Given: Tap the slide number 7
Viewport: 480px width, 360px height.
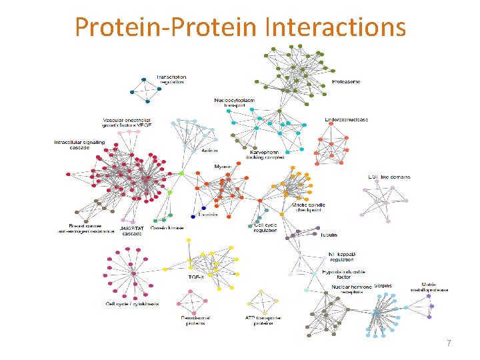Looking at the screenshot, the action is coord(449,343).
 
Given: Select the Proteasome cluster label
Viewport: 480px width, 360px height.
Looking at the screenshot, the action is coord(345,81).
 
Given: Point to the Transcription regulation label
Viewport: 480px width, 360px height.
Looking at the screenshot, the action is coord(171,79).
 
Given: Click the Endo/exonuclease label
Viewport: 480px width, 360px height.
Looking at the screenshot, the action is coord(346,119).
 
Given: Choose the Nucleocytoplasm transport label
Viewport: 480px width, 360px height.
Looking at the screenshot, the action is coord(234,103).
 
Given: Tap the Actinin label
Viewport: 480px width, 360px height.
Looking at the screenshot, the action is coord(209,151).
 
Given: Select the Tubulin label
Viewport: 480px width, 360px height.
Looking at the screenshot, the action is coord(328,235).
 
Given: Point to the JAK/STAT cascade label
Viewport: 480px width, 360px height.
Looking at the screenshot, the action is coord(131,231).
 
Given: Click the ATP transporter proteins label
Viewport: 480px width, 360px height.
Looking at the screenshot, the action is coord(259,321).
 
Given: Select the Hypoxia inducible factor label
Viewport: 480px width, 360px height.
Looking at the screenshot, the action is coord(344,274).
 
